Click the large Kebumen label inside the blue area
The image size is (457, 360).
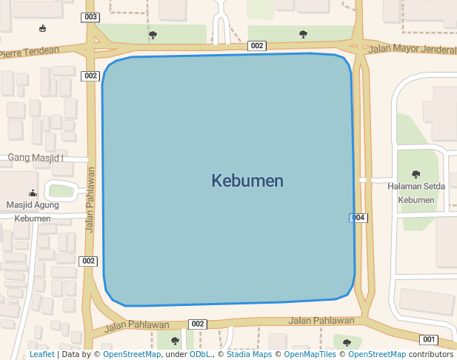[x=247, y=181]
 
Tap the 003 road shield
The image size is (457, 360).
[x=91, y=17]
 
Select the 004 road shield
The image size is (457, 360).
[x=358, y=218]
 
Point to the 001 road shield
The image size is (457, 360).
[x=428, y=339]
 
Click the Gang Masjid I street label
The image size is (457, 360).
[x=36, y=158]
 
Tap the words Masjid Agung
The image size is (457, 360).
[x=33, y=204]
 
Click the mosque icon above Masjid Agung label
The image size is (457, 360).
[x=32, y=192]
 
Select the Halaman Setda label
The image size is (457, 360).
[x=416, y=186]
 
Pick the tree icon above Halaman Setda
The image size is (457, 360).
[x=416, y=174]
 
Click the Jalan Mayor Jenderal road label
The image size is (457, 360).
[x=412, y=50]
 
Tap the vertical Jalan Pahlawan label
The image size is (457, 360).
[x=90, y=200]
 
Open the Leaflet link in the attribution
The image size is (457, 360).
[x=41, y=354]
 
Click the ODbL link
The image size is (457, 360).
[x=199, y=354]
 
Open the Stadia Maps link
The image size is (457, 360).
[x=249, y=354]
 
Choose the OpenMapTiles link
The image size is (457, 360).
[x=310, y=354]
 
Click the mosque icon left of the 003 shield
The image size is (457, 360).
[x=42, y=29]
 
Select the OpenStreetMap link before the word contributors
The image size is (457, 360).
[x=377, y=354]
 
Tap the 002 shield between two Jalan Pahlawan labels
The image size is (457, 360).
[x=197, y=324]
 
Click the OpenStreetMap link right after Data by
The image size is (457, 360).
[x=132, y=354]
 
